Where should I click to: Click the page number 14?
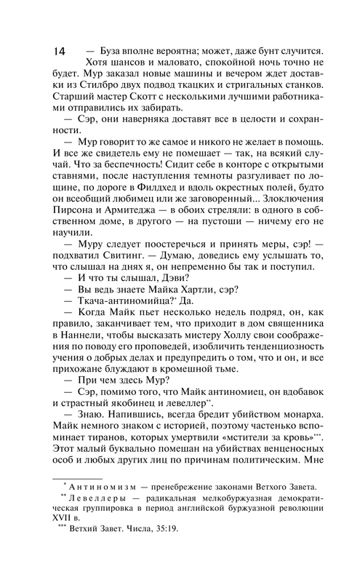click(60, 52)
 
